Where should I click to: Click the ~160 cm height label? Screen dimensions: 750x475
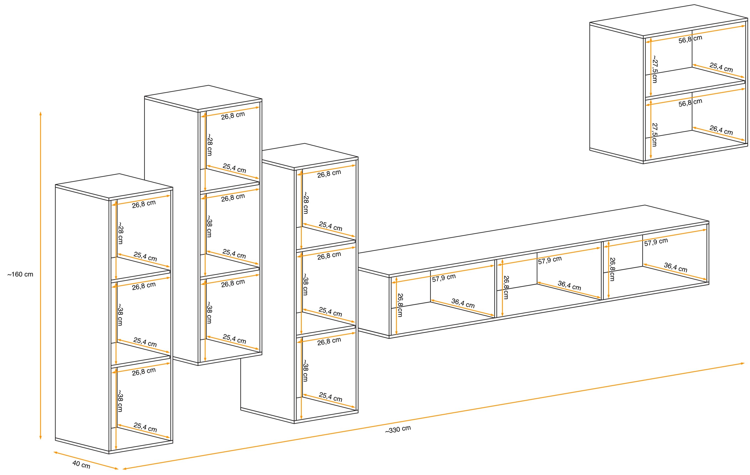[20, 275]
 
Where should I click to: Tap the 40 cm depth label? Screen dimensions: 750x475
[81, 464]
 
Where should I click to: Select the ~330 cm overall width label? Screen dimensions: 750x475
[398, 429]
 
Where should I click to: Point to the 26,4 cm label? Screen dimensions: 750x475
[721, 130]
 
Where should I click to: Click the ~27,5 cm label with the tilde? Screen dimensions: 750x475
[655, 69]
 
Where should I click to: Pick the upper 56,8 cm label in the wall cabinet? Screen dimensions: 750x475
[690, 39]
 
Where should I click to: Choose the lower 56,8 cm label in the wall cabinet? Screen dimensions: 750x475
[690, 102]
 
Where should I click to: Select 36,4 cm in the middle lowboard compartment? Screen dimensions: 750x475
[569, 285]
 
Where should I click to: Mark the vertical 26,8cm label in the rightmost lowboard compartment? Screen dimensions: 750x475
[612, 269]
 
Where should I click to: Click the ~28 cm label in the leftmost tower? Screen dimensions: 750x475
[121, 233]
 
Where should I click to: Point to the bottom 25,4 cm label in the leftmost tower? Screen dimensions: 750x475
[145, 427]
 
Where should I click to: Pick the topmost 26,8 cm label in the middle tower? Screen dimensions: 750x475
[233, 115]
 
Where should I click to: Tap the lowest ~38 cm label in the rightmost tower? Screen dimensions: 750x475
[306, 371]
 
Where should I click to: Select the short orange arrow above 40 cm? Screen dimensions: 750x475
[86, 460]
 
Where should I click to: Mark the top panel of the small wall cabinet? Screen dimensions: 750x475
[669, 21]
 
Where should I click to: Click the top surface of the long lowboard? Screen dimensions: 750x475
[533, 240]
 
